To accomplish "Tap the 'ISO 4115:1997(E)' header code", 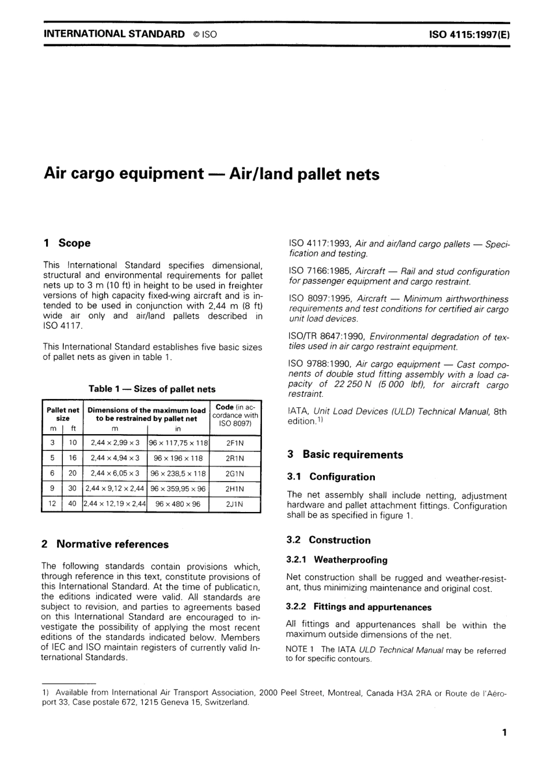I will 469,35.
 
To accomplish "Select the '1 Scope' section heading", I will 67,243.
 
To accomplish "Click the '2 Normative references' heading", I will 105,544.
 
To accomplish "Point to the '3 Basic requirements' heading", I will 345,454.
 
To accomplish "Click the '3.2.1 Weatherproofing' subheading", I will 337,560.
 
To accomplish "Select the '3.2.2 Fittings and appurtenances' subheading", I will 359,607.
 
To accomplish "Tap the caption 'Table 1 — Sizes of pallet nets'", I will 152,389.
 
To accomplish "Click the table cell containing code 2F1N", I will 235,443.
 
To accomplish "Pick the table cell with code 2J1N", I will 235,504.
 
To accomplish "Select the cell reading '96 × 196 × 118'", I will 178,458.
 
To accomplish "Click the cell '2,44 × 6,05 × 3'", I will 115,473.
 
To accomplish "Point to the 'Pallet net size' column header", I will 63,415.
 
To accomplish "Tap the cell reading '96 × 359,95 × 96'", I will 178,489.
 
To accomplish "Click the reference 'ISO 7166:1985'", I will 319,272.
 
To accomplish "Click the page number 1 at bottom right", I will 504,733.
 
